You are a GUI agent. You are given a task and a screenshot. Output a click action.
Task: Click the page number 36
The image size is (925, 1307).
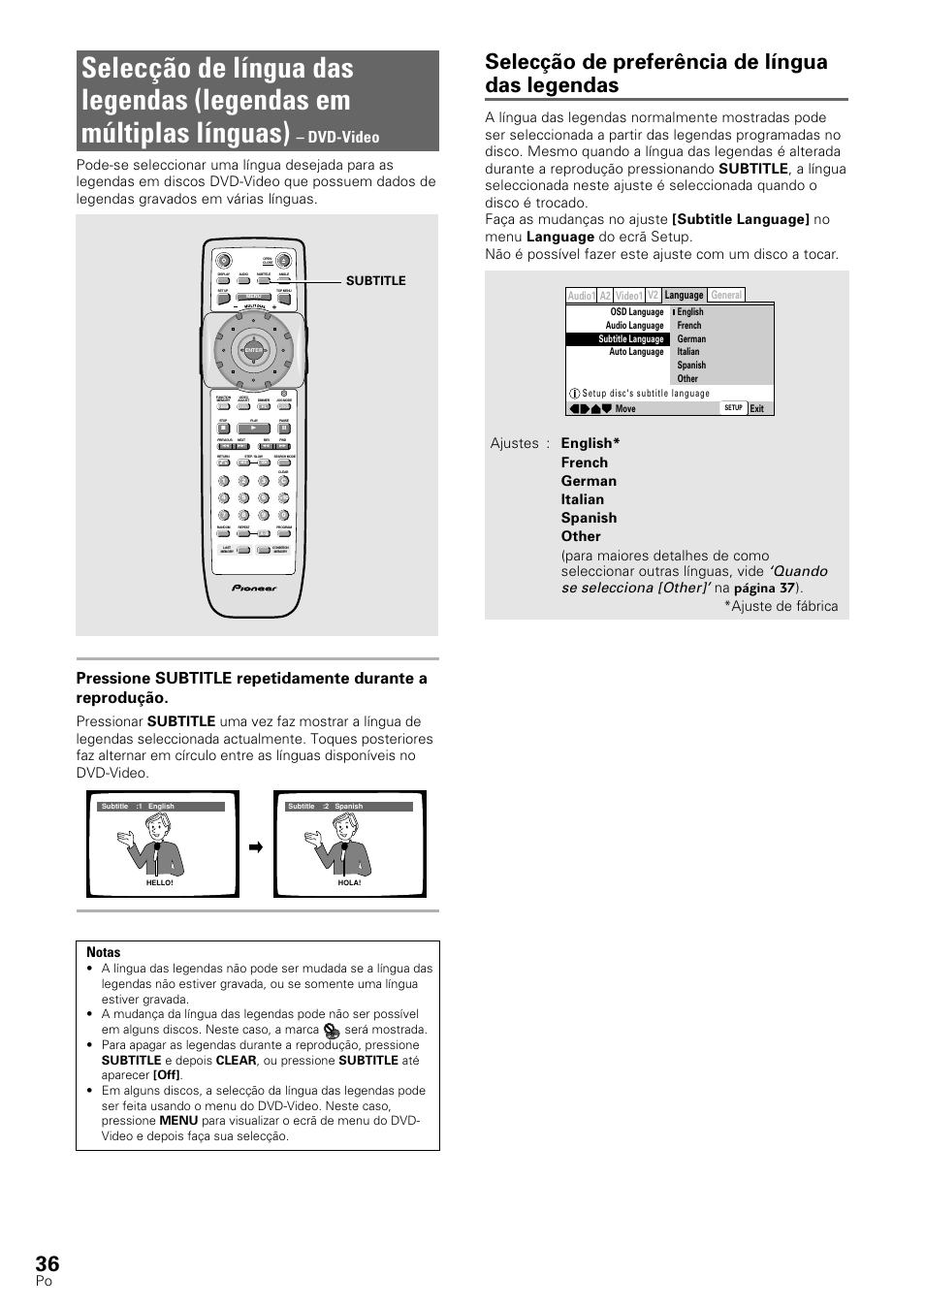[48, 1262]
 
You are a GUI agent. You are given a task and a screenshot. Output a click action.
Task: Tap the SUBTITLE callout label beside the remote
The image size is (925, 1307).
[375, 281]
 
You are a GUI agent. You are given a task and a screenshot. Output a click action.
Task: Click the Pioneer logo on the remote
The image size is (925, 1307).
[254, 588]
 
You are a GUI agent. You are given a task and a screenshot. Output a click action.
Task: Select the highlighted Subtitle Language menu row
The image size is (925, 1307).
[618, 339]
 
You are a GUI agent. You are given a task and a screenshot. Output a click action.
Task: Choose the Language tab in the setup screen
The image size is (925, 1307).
[684, 295]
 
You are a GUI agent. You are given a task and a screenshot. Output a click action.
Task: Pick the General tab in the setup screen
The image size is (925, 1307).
[726, 295]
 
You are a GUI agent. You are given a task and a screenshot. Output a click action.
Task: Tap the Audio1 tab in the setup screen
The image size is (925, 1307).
[581, 296]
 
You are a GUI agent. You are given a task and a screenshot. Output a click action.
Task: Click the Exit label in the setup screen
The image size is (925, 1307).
[757, 409]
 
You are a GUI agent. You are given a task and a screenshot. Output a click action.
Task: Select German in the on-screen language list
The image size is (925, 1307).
[691, 339]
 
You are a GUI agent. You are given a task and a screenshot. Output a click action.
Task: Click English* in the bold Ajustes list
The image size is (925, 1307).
[590, 443]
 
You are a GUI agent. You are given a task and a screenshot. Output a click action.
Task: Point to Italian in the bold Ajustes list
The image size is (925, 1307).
[582, 499]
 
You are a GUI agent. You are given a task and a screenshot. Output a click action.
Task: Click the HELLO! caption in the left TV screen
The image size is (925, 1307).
[159, 883]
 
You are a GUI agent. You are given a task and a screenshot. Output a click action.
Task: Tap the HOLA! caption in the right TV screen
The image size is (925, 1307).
[349, 883]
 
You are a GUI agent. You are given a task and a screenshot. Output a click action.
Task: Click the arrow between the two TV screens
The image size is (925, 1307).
[256, 847]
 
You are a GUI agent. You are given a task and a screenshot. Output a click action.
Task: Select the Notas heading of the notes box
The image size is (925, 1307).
[103, 952]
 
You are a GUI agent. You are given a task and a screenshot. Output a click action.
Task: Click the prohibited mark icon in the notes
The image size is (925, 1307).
[332, 1031]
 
